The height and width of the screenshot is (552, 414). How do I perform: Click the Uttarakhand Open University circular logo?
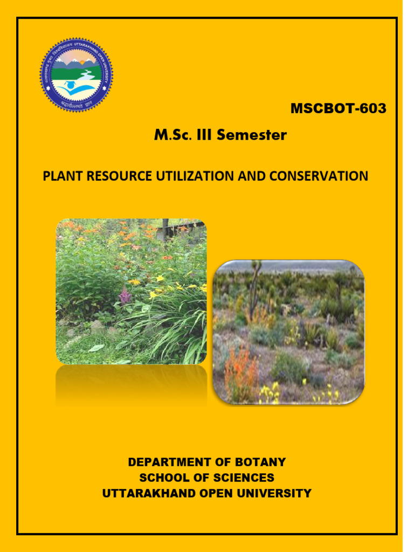coord(77,75)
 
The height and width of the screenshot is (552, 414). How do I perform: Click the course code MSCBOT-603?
coord(338,108)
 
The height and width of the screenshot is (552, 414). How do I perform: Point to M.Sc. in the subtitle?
coord(172,135)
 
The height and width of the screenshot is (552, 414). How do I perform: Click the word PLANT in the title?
coord(60,176)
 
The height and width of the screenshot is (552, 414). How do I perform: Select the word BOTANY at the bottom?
coord(261,462)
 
